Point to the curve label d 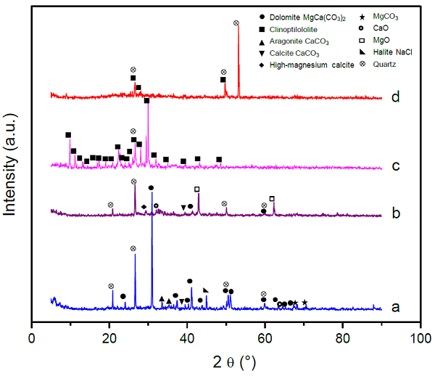pyautogui.click(x=395, y=97)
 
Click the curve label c pyautogui.click(x=395, y=166)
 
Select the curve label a pyautogui.click(x=395, y=307)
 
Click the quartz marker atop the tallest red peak pyautogui.click(x=236, y=23)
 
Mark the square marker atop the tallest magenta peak pyautogui.click(x=147, y=101)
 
